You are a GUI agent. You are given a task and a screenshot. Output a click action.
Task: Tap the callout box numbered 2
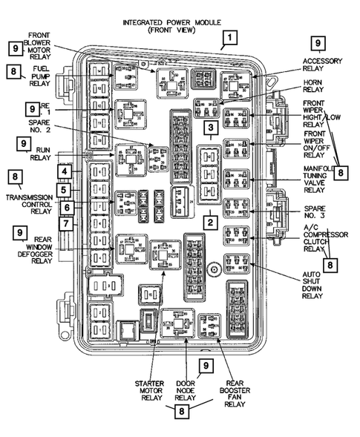(210, 221)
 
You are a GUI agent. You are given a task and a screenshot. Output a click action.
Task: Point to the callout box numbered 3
(211, 130)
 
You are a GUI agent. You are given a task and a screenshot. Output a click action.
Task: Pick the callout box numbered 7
(66, 223)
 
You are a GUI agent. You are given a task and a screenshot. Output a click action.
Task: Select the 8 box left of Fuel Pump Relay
(14, 71)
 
